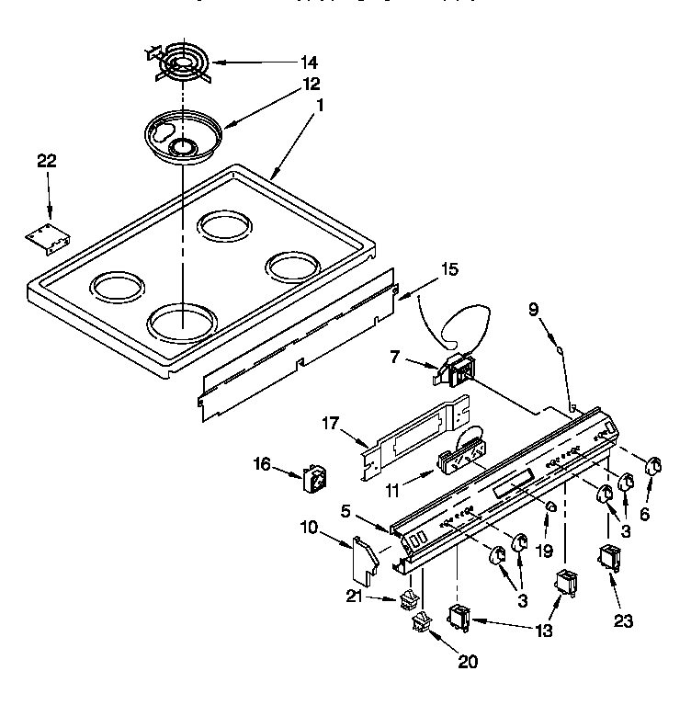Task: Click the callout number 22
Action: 46,162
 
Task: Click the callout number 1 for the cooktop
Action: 321,106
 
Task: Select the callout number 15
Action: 448,270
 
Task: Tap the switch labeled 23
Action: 609,560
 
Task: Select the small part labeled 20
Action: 422,624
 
